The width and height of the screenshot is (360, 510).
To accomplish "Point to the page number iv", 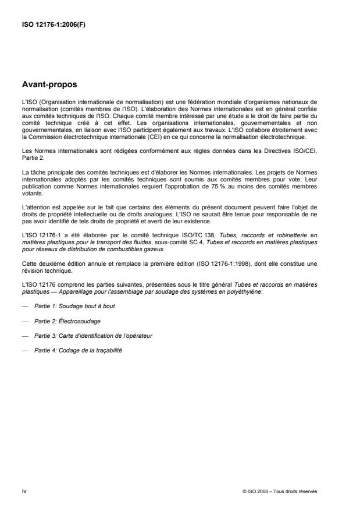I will click(23, 491).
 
